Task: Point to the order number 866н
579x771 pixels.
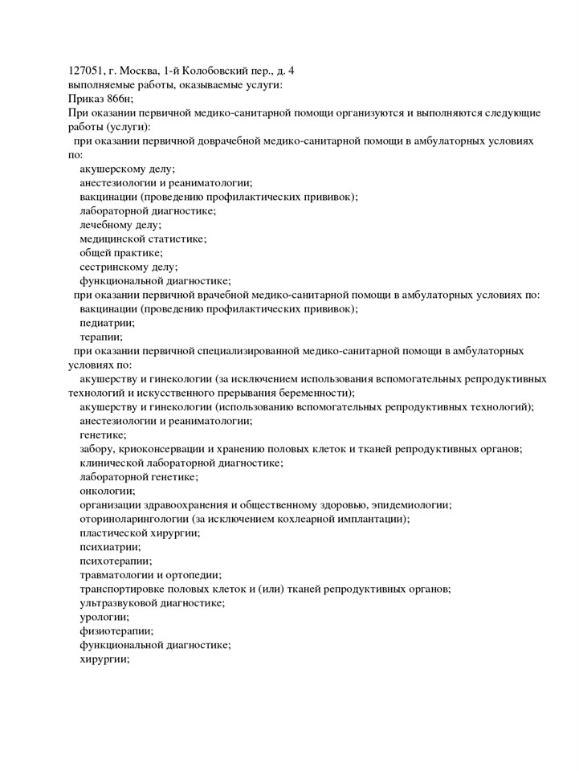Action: tap(123, 99)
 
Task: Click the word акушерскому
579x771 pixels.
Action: tap(112, 169)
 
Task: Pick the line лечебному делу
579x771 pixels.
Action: tap(120, 225)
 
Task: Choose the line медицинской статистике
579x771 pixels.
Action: tap(143, 239)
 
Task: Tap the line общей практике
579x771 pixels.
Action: tap(120, 253)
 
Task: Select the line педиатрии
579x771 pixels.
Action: tap(107, 323)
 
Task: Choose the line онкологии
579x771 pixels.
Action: tap(107, 491)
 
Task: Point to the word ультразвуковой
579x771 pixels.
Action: tap(119, 602)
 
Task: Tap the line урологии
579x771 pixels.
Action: tap(104, 617)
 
